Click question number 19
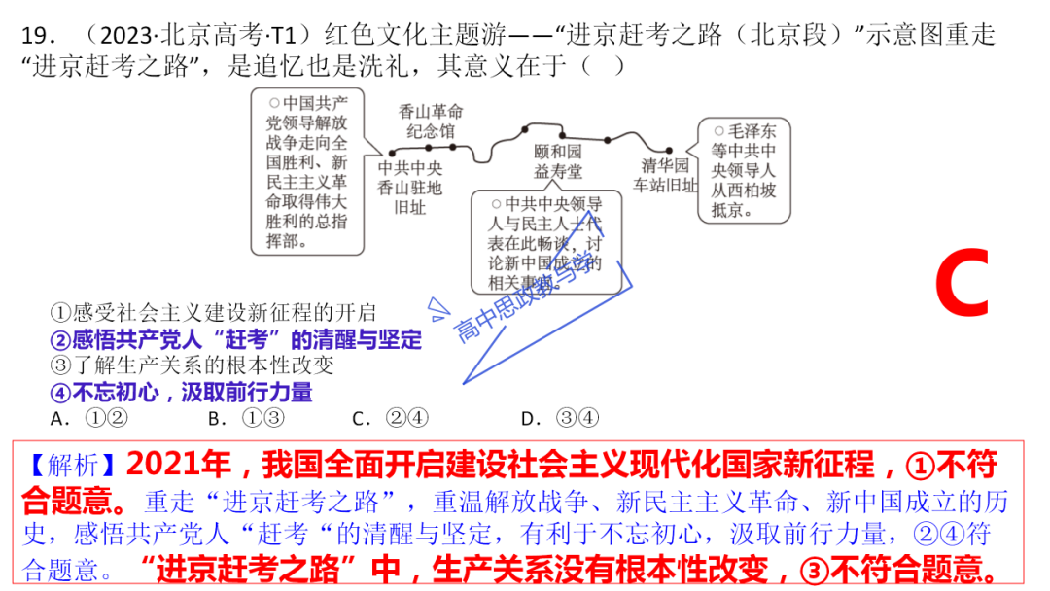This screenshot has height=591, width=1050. tap(39, 37)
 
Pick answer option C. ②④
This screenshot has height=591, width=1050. tap(390, 419)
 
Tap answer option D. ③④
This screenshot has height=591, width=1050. tap(560, 419)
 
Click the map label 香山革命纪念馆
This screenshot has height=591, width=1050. tap(431, 121)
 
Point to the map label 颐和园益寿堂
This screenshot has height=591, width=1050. tap(558, 162)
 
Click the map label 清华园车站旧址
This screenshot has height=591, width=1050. tap(664, 175)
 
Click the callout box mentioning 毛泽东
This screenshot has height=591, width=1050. tap(745, 171)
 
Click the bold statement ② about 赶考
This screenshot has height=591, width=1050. tap(235, 340)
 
